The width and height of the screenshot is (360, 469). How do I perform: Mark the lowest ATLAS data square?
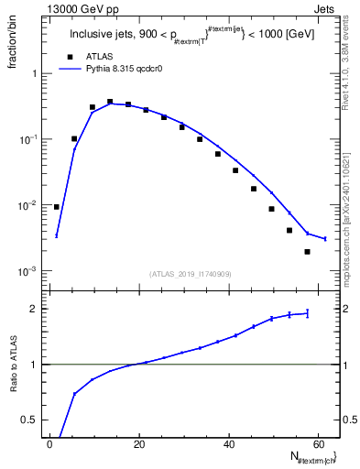[307, 252]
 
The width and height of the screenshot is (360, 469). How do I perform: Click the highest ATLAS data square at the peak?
[110, 102]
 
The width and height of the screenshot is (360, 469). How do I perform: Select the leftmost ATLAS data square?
[57, 207]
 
